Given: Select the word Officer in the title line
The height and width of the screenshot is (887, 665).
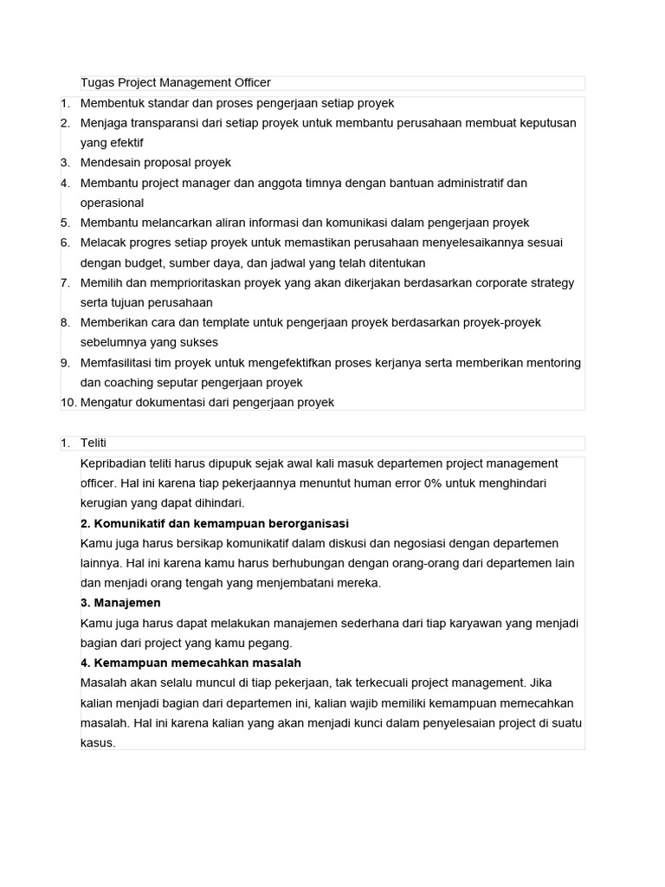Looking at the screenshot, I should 249,83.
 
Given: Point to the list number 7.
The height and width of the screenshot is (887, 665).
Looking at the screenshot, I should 65,283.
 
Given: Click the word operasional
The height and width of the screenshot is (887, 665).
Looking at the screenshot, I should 113,204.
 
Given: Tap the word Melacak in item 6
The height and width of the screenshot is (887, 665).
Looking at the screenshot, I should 103,243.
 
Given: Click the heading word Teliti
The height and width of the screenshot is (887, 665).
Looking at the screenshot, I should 94,443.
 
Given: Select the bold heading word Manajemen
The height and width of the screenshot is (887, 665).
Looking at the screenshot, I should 127,603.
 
